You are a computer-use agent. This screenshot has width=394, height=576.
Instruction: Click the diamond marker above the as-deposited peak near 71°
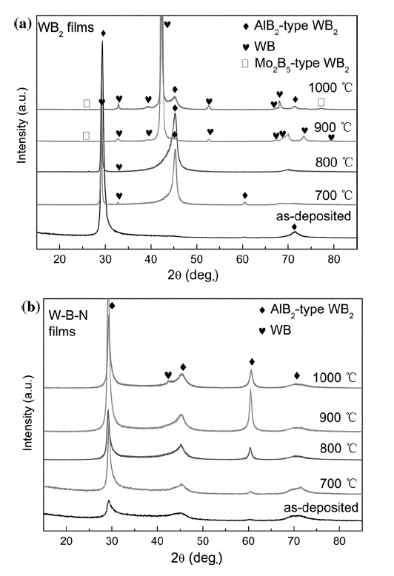294,227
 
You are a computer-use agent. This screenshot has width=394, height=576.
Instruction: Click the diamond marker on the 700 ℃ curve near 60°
244,195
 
